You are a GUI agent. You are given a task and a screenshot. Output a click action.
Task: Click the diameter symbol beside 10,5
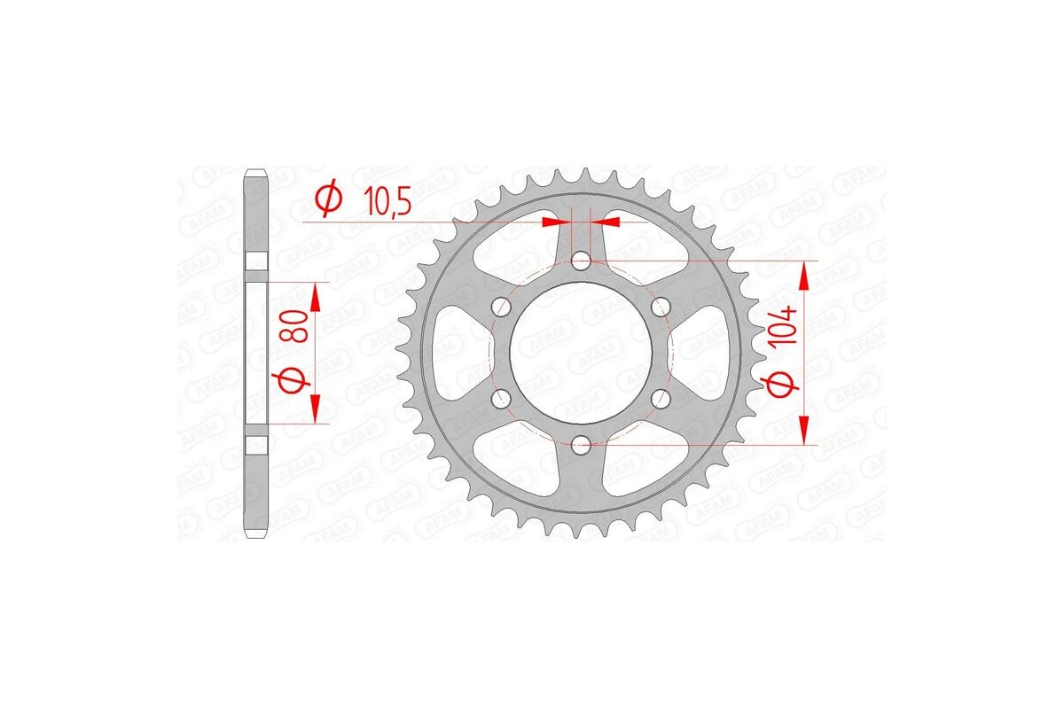tap(327, 199)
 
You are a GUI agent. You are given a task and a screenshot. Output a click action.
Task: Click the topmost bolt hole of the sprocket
tap(582, 261)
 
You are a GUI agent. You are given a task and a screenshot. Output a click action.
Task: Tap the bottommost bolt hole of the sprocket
tap(582, 445)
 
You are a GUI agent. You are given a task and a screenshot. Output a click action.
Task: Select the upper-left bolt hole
tap(502, 307)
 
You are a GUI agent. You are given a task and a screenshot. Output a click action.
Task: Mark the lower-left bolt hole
tap(502, 399)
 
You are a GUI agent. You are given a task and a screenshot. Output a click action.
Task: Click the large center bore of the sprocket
tap(582, 353)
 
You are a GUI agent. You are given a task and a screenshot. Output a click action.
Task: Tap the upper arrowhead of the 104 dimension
tap(804, 277)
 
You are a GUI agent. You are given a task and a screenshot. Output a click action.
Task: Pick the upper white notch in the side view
tap(255, 261)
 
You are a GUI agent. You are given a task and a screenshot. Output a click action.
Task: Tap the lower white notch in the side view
tap(255, 443)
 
